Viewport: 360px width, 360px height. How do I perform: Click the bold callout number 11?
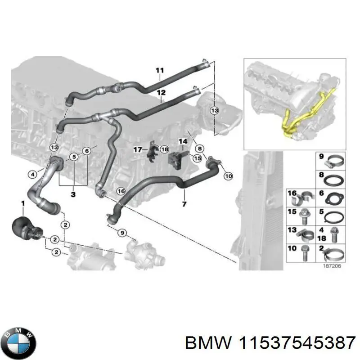coord(159,70)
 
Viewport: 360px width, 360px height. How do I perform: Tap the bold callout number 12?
coord(161,93)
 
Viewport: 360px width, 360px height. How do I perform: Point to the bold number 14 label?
coord(182,142)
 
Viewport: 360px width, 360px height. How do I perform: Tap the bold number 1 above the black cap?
coord(23,205)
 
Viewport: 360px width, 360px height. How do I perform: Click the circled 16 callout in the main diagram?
coord(120,191)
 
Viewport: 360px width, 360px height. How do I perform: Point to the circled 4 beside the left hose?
coord(32,174)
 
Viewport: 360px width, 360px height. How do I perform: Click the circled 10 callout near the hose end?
coord(228,176)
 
